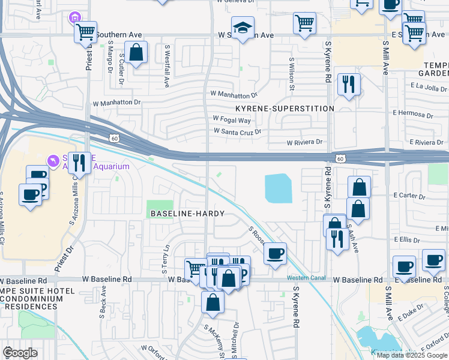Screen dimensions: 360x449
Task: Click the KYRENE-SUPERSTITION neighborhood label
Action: (284, 109)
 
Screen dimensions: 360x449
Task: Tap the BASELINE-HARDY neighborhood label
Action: (187, 214)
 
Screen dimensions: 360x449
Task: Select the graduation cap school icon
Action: (243, 28)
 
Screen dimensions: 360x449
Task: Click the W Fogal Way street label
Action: (232, 121)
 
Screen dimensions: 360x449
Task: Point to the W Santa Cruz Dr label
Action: (238, 131)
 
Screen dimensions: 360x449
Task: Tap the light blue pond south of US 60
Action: (278, 188)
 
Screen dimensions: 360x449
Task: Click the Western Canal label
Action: (305, 277)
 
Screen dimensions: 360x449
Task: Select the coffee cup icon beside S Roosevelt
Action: (275, 253)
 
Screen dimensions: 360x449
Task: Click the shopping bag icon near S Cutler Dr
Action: (136, 52)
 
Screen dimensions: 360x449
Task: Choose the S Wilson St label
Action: (292, 74)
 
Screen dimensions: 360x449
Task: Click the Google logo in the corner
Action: (20, 353)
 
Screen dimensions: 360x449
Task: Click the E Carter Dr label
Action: (409, 196)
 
